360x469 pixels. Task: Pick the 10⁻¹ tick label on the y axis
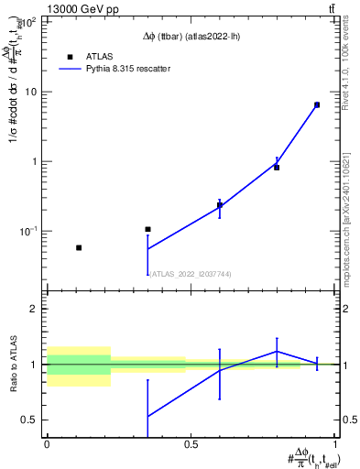click(x=27, y=231)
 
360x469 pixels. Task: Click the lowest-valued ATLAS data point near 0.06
click(x=79, y=247)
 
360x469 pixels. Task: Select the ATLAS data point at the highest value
click(x=317, y=104)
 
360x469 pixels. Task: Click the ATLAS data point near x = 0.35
click(x=147, y=229)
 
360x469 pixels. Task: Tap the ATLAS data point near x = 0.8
click(x=277, y=168)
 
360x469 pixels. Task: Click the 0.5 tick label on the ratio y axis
click(x=30, y=420)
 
